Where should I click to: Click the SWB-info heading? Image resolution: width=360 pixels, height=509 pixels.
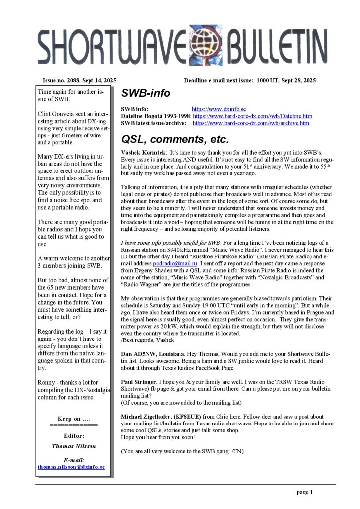pos(146,93)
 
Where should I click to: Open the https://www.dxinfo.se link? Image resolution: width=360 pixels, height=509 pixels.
pos(219,109)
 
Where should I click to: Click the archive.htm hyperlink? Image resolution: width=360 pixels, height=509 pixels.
pos(251,123)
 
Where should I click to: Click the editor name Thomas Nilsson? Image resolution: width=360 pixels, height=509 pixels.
pos(74,446)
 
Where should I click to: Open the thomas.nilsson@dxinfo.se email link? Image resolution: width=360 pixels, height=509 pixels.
pos(71,467)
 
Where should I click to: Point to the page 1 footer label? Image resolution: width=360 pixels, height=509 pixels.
pos(304,493)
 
